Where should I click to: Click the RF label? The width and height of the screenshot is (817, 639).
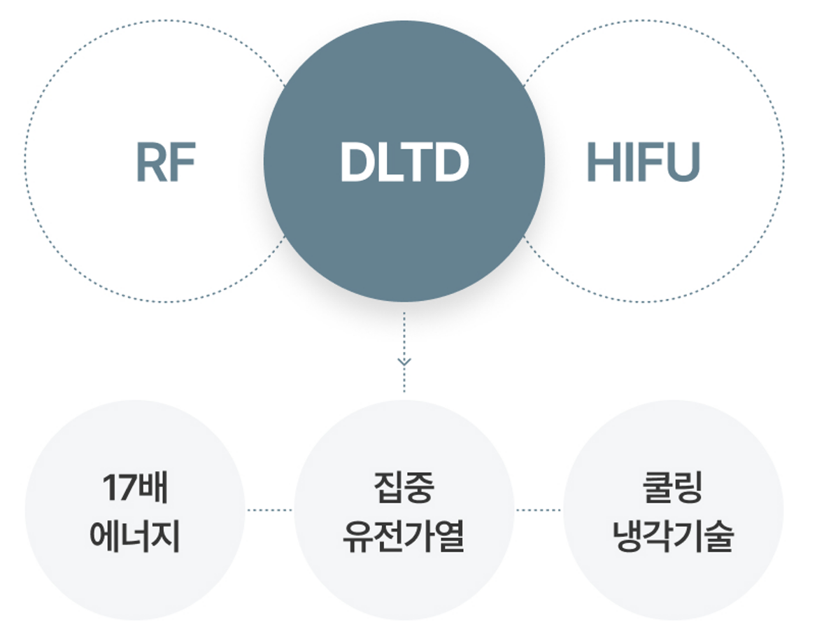166,162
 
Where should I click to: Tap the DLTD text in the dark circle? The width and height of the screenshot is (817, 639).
404,162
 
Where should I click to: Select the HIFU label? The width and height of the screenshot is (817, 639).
643,162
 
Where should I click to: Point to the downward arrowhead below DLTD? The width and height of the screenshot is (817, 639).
404,362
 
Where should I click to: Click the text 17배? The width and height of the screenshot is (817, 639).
135,488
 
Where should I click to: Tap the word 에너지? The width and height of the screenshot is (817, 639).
135,536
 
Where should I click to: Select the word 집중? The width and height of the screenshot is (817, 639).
404,488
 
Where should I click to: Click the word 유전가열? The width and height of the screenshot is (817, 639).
404,536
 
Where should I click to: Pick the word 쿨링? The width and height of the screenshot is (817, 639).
673,488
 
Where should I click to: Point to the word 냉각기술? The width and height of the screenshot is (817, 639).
673,536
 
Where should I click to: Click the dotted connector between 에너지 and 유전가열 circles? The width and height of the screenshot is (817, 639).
269,510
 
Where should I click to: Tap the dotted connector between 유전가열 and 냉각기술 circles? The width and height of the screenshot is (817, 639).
538,510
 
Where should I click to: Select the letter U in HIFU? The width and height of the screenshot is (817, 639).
683,162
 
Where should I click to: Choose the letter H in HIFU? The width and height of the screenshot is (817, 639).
604,162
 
